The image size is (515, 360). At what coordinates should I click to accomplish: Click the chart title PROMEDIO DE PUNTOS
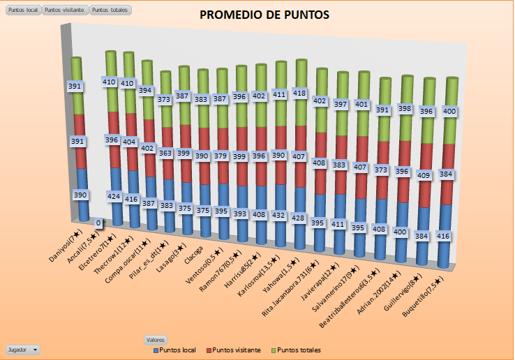(x=264, y=15)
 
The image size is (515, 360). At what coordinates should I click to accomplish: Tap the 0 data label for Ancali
(x=98, y=223)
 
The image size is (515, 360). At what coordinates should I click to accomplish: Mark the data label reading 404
(x=129, y=142)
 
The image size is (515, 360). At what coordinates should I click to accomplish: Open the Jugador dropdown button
(x=22, y=349)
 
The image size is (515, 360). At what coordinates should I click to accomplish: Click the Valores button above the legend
(x=155, y=340)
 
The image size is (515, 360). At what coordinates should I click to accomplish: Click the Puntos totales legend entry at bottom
(x=299, y=350)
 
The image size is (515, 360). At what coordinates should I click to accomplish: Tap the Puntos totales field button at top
(x=110, y=10)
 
